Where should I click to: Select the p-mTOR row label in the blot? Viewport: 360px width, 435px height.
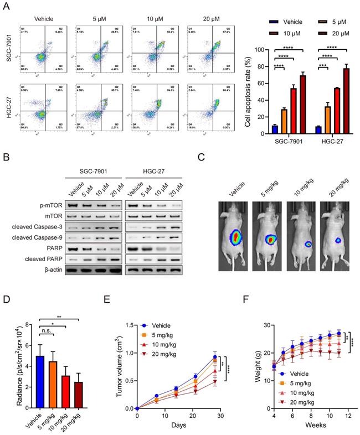(x=47, y=205)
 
